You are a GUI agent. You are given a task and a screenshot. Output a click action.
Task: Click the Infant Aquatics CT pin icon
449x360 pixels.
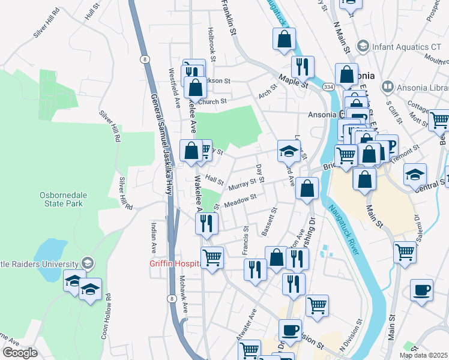363,46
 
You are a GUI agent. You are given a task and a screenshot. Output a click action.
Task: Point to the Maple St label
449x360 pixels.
293,80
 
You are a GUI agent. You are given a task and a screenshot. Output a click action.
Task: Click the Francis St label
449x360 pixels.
246,240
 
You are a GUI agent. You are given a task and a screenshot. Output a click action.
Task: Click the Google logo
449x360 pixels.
19,353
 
